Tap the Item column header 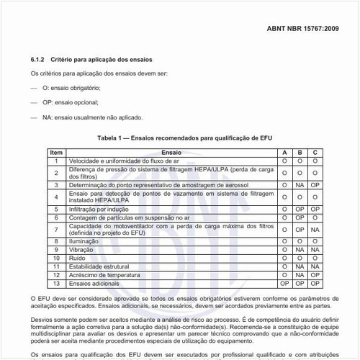56,153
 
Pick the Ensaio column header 171,153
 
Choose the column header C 315,153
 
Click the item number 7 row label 56,230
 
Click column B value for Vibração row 300,249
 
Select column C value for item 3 315,185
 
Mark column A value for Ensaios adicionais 284,283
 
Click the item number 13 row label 56,283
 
